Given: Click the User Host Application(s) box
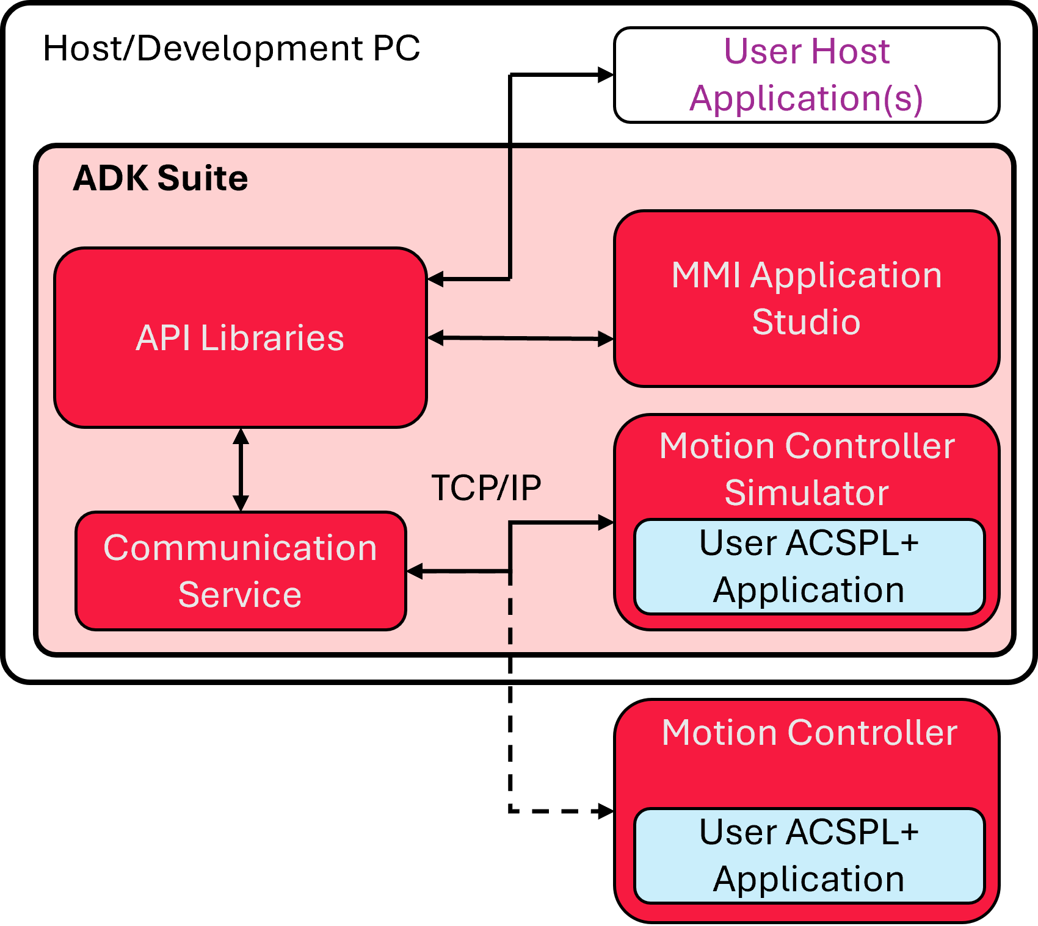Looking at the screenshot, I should point(806,74).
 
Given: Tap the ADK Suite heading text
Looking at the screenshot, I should point(160,178).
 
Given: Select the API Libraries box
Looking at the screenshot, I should point(240,337).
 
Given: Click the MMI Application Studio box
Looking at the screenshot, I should point(806,298).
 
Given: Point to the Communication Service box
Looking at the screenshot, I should point(240,570).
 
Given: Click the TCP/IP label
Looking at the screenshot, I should point(486,487).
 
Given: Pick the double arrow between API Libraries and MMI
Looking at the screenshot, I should point(520,338).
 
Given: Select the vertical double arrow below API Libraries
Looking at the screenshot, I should point(241,469).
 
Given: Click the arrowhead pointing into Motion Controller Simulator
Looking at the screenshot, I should point(606,522).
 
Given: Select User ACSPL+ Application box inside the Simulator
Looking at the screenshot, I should point(809,566).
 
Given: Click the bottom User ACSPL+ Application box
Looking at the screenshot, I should point(809,855).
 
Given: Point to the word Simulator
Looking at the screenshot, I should point(806,493).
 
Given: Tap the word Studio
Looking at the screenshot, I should point(806,321).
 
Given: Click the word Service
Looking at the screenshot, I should point(240,594).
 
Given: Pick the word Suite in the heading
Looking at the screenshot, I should point(202,178).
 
